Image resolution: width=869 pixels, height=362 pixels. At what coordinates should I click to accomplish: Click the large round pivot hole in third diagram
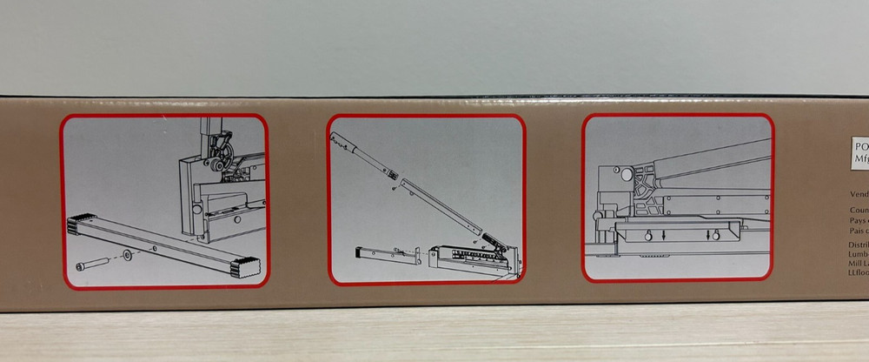(624, 174)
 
